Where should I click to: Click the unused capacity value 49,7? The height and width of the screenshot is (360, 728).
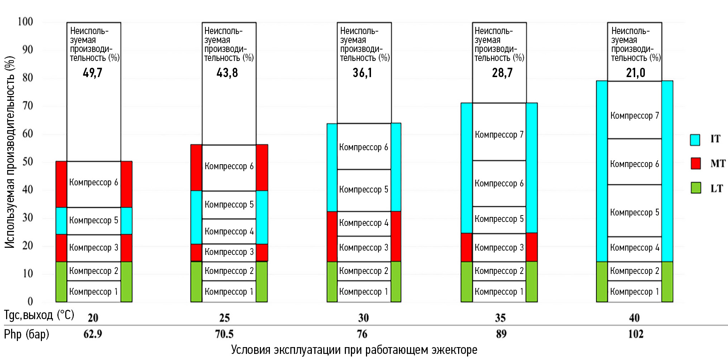click(x=92, y=73)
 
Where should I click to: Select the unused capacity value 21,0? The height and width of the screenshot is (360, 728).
click(x=636, y=73)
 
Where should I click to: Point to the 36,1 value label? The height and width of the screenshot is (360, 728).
click(x=362, y=73)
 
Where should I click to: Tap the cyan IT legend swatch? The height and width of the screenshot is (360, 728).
click(x=695, y=139)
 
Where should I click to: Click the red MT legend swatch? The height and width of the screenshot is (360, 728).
click(x=695, y=163)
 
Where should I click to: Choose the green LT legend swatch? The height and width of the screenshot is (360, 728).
click(x=696, y=188)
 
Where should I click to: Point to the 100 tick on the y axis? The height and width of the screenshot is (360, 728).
click(x=25, y=22)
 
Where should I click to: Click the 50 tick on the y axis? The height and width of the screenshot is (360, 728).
click(x=28, y=162)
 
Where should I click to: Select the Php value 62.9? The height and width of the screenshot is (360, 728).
click(x=93, y=334)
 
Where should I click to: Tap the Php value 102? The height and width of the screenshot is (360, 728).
click(x=636, y=334)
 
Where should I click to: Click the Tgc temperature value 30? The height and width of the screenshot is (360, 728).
click(x=363, y=318)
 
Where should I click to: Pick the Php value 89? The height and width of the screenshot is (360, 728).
click(x=501, y=334)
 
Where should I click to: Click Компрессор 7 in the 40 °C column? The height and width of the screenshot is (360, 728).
click(x=634, y=116)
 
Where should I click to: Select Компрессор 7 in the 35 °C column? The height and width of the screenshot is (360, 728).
click(x=499, y=135)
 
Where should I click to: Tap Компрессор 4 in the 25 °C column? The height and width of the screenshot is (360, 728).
click(x=229, y=232)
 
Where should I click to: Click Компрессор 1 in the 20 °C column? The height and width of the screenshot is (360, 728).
click(x=94, y=292)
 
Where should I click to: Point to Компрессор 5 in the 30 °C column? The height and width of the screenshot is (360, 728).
click(x=363, y=190)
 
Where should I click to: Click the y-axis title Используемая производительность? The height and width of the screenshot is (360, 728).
click(x=10, y=152)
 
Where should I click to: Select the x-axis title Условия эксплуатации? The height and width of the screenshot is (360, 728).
click(x=354, y=350)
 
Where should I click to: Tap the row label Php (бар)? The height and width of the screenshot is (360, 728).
click(x=27, y=334)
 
